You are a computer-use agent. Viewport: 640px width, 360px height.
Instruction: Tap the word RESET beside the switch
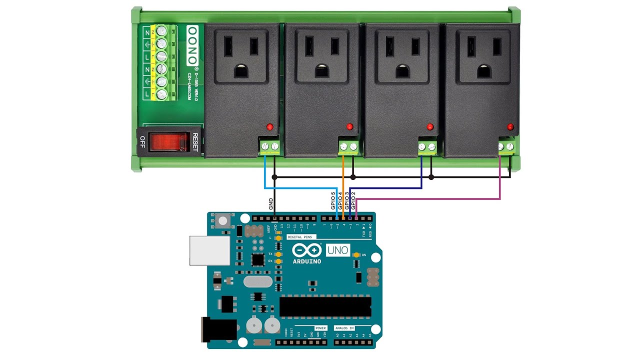195,142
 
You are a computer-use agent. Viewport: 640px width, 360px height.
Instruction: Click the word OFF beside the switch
142,142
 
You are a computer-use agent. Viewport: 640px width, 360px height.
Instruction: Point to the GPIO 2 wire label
353,200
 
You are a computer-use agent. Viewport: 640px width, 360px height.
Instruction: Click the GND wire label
270,203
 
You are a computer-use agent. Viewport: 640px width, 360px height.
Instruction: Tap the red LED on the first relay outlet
269,126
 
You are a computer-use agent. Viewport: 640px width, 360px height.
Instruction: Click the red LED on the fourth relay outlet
510,126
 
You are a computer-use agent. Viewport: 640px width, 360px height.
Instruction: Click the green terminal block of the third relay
427,146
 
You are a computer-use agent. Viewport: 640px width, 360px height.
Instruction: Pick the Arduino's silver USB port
209,250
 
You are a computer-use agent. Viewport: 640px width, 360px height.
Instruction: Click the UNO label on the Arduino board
338,250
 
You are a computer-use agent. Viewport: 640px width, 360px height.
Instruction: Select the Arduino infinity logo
307,250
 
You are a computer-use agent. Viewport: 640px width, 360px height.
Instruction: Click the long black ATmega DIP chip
325,306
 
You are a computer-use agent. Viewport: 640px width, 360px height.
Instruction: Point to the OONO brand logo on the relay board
192,45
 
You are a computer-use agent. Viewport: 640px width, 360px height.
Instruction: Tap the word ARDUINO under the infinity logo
307,261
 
